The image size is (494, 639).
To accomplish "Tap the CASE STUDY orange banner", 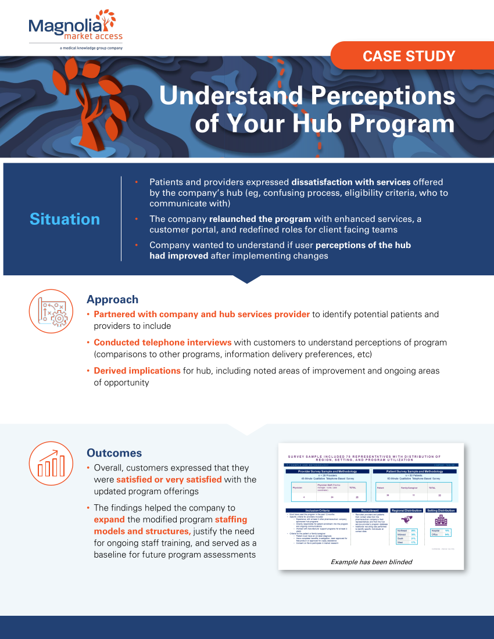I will [409, 56].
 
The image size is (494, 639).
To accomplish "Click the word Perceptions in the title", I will [381, 96].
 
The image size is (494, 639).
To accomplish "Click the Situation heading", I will [65, 219].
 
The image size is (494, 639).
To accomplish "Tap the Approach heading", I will [112, 300].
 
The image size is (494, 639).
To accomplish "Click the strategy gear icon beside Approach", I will [50, 311].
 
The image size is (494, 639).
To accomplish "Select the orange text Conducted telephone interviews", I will [163, 342].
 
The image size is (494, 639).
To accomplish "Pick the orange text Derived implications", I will [137, 371].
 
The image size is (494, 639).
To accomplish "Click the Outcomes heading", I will [114, 453].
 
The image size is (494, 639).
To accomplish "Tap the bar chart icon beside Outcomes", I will [50, 462].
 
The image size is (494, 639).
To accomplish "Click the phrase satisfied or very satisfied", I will [169, 479].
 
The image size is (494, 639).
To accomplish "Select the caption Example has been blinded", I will [371, 562].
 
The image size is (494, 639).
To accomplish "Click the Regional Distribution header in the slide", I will [406, 510].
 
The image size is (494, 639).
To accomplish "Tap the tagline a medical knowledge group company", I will [91, 48].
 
